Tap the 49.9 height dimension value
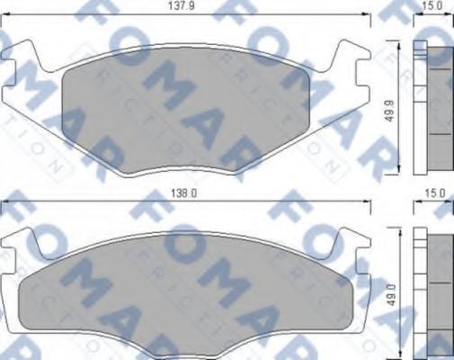(389, 110)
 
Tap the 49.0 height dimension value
(389, 294)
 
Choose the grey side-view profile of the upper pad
(438, 108)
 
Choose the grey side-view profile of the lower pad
(438, 292)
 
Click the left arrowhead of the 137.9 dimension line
(5, 14)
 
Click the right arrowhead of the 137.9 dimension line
(369, 14)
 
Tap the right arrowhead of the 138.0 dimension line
(369, 200)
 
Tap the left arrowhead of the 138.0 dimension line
(5, 200)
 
